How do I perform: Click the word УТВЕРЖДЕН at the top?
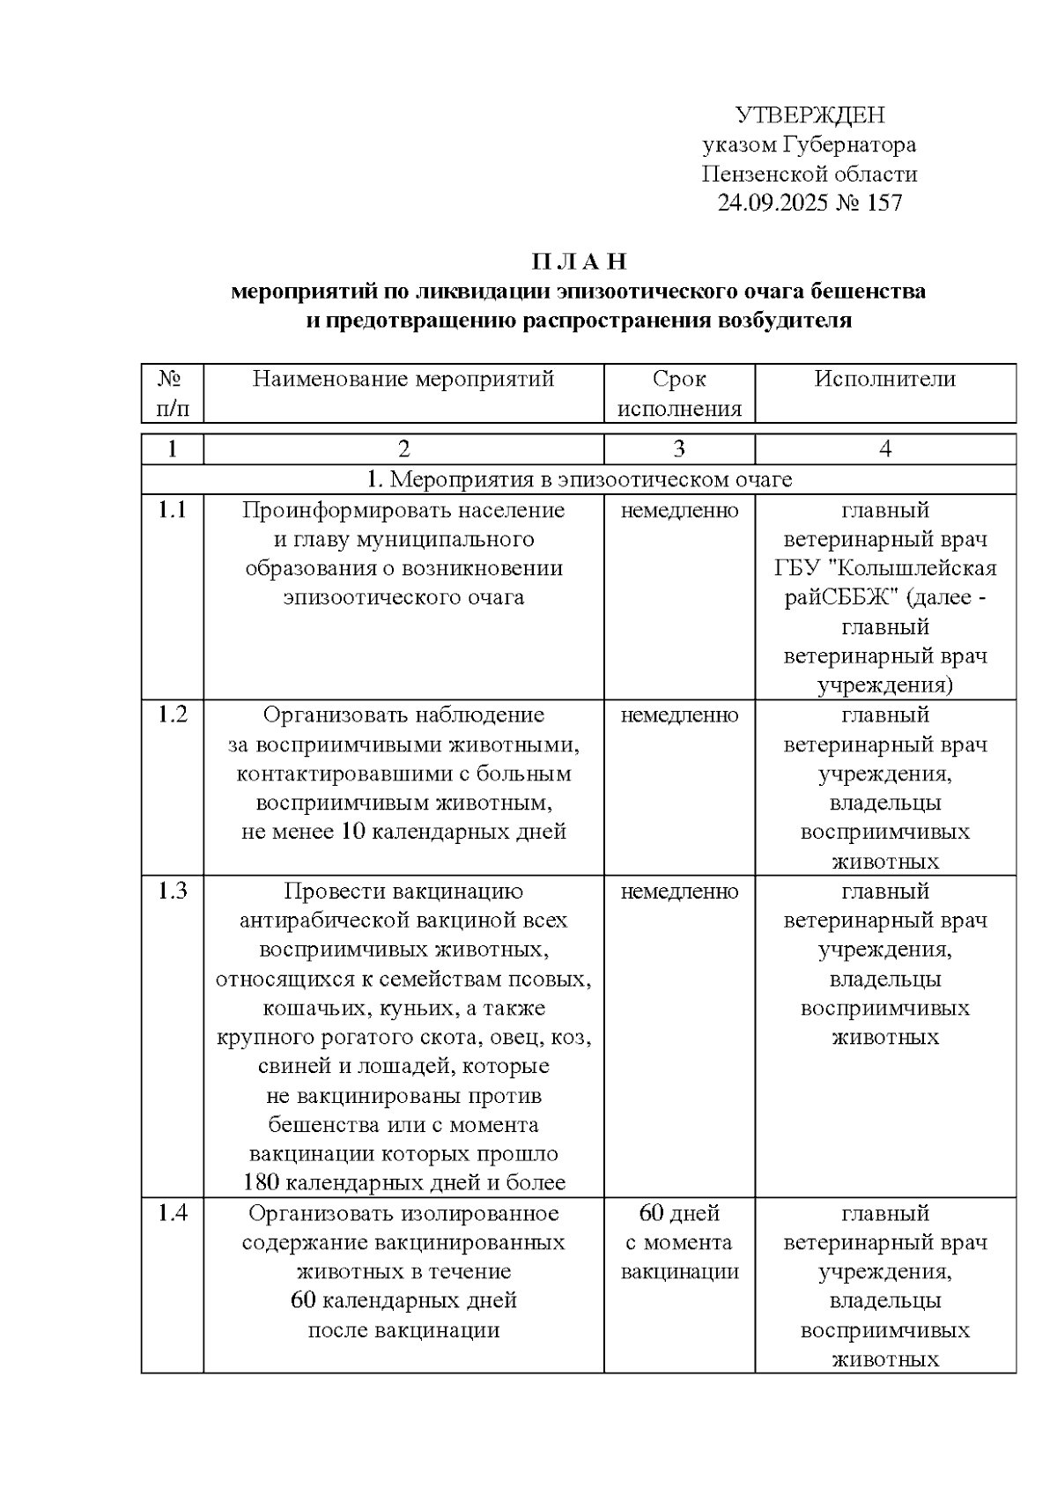pos(809,115)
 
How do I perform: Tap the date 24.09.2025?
pos(771,204)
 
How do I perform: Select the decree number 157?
pos(884,204)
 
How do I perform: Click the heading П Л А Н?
pos(579,262)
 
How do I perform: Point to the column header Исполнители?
pos(884,380)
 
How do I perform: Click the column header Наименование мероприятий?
pos(403,380)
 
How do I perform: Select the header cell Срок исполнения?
pos(678,394)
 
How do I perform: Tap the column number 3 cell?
pos(678,449)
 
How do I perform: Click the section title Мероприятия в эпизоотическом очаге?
pos(579,479)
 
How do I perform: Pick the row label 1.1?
pos(173,510)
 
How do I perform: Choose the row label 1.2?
pos(173,714)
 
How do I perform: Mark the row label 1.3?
pos(173,891)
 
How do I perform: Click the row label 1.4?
pos(173,1213)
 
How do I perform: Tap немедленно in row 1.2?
pos(678,715)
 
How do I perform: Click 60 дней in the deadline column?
pos(678,1213)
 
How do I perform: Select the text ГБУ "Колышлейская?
pos(884,568)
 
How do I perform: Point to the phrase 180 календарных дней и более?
pos(403,1183)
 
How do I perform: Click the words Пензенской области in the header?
pos(809,174)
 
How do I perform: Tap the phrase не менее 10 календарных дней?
pos(403,832)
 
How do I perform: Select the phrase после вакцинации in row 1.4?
pos(403,1330)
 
